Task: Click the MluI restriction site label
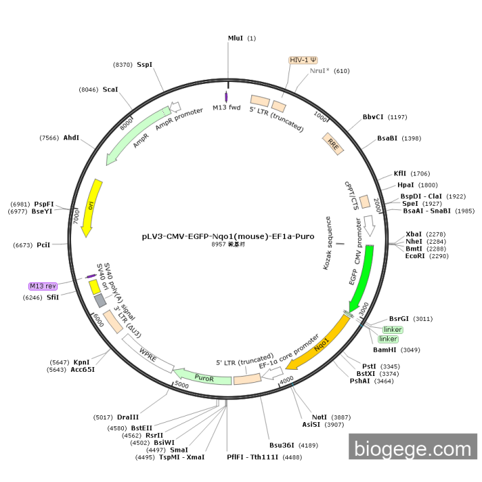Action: point(235,39)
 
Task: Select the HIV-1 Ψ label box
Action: point(303,60)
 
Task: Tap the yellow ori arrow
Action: point(91,207)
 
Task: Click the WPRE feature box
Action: point(147,355)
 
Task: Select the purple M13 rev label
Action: point(42,285)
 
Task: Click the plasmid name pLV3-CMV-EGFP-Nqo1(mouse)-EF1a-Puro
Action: point(228,235)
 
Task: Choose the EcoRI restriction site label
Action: point(415,256)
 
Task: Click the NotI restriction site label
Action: point(319,417)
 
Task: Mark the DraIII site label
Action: point(127,417)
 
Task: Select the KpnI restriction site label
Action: point(82,362)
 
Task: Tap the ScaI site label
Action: point(110,90)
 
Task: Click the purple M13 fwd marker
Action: point(227,97)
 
